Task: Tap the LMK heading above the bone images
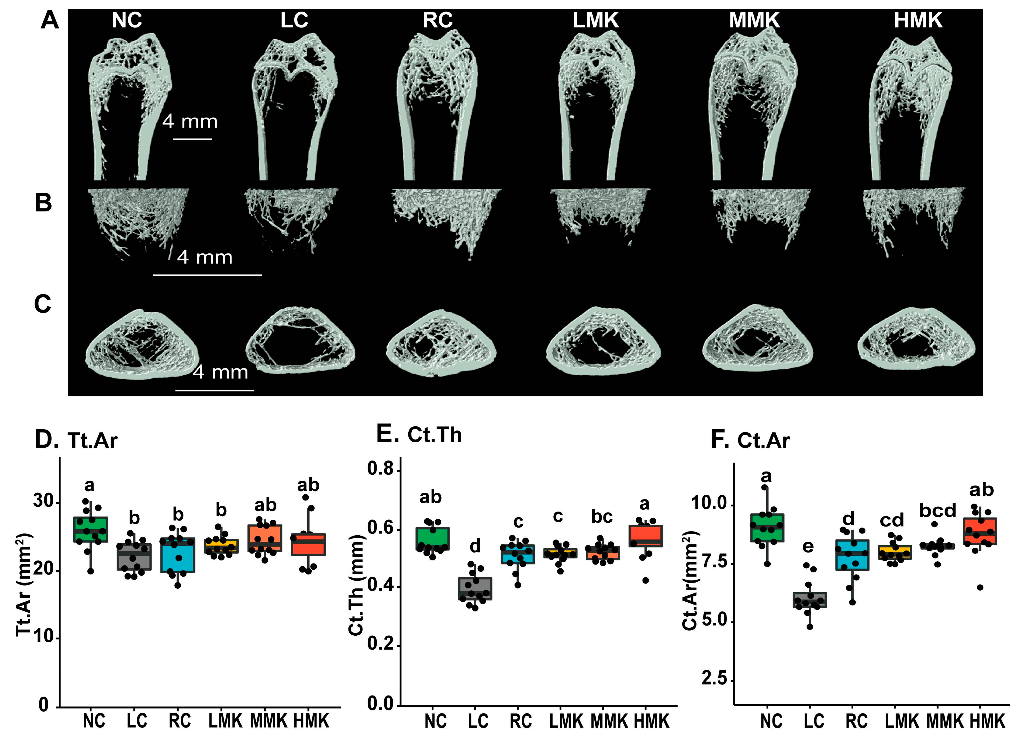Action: (x=596, y=20)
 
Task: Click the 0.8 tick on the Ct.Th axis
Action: (x=381, y=469)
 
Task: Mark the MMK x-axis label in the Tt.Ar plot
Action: (x=268, y=721)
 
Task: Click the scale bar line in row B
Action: (x=207, y=275)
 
